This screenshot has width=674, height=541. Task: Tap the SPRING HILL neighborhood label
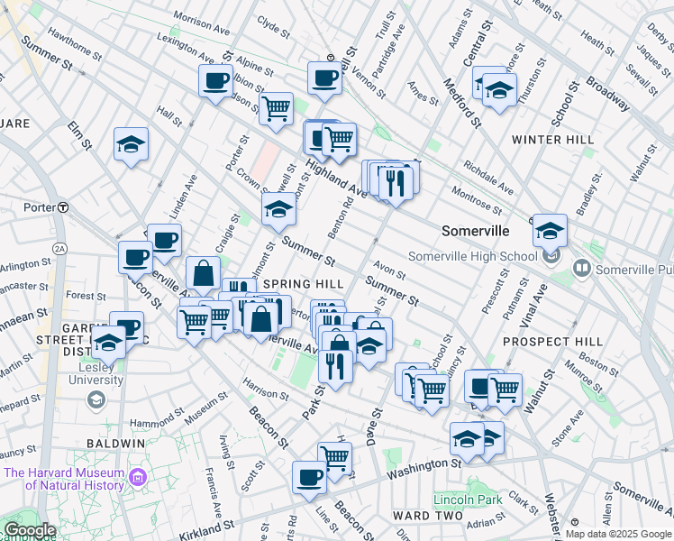coord(304,283)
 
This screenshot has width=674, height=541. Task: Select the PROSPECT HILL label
coord(552,342)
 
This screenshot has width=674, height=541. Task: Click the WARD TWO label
coord(427,516)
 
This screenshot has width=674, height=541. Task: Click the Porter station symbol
coord(63,207)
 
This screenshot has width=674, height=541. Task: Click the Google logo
coord(30,530)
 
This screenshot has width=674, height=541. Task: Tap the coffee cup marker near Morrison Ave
coord(216,80)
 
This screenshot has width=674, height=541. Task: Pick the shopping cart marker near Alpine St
coord(277,108)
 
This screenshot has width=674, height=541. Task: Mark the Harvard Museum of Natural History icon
coord(137,476)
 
